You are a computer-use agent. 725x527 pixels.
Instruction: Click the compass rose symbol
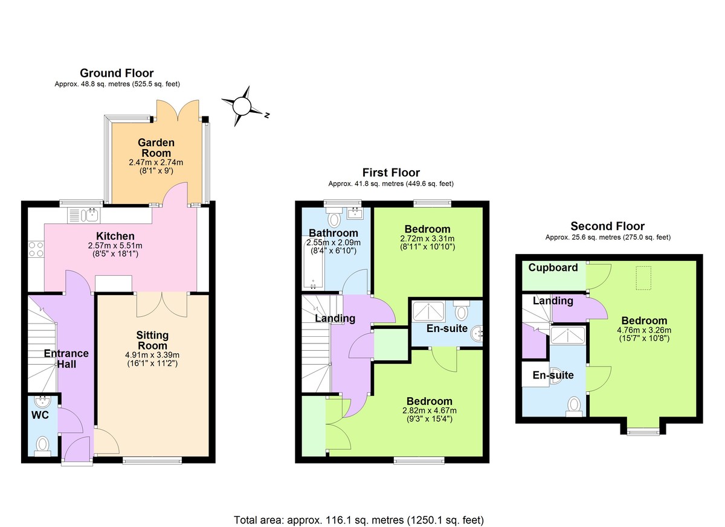coord(242,106)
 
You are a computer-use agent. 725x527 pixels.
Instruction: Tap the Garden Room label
coord(156,148)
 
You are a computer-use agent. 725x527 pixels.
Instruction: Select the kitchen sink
coord(92,214)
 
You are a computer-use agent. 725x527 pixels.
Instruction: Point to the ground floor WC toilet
coord(42,446)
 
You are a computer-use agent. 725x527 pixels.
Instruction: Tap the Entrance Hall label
coord(66,359)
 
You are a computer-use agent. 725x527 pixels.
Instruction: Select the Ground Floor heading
coord(117,73)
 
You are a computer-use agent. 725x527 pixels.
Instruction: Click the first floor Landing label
coord(335,318)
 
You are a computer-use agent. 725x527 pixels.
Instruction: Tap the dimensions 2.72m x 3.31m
coord(427,238)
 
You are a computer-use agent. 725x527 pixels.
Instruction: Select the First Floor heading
coord(391,173)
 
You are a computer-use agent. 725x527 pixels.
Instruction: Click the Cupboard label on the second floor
coord(553,267)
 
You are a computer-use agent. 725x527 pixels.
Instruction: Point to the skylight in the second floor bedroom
coord(645,273)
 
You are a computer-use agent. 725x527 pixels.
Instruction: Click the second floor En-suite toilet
coord(573,405)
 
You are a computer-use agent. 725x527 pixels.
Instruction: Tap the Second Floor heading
coord(607,226)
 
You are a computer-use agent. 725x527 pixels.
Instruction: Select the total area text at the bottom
coord(358,519)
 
